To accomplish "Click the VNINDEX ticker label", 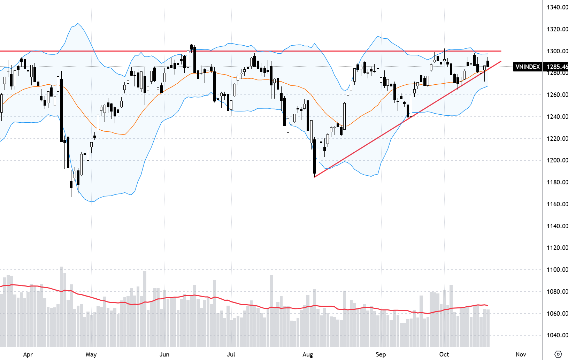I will [x=528, y=67].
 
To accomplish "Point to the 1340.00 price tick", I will [x=557, y=7].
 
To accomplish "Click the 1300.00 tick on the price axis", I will [x=557, y=51].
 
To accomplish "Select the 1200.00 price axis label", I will [x=557, y=160].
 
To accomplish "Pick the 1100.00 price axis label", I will [x=557, y=269].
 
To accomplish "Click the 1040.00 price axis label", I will [x=557, y=335].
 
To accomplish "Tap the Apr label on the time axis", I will [x=28, y=354].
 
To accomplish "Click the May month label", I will [x=91, y=354].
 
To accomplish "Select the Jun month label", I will [x=164, y=354].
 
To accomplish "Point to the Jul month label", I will [x=231, y=354].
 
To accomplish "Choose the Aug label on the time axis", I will [x=308, y=354].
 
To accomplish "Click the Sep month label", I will [x=381, y=354].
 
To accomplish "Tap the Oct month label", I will [x=444, y=354].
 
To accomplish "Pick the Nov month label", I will [x=521, y=354].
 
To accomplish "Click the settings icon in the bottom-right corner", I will [x=558, y=354].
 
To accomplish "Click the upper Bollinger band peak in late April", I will [x=77, y=24].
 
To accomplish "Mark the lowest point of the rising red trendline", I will [x=315, y=177].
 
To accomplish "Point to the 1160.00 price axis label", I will [x=557, y=204].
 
